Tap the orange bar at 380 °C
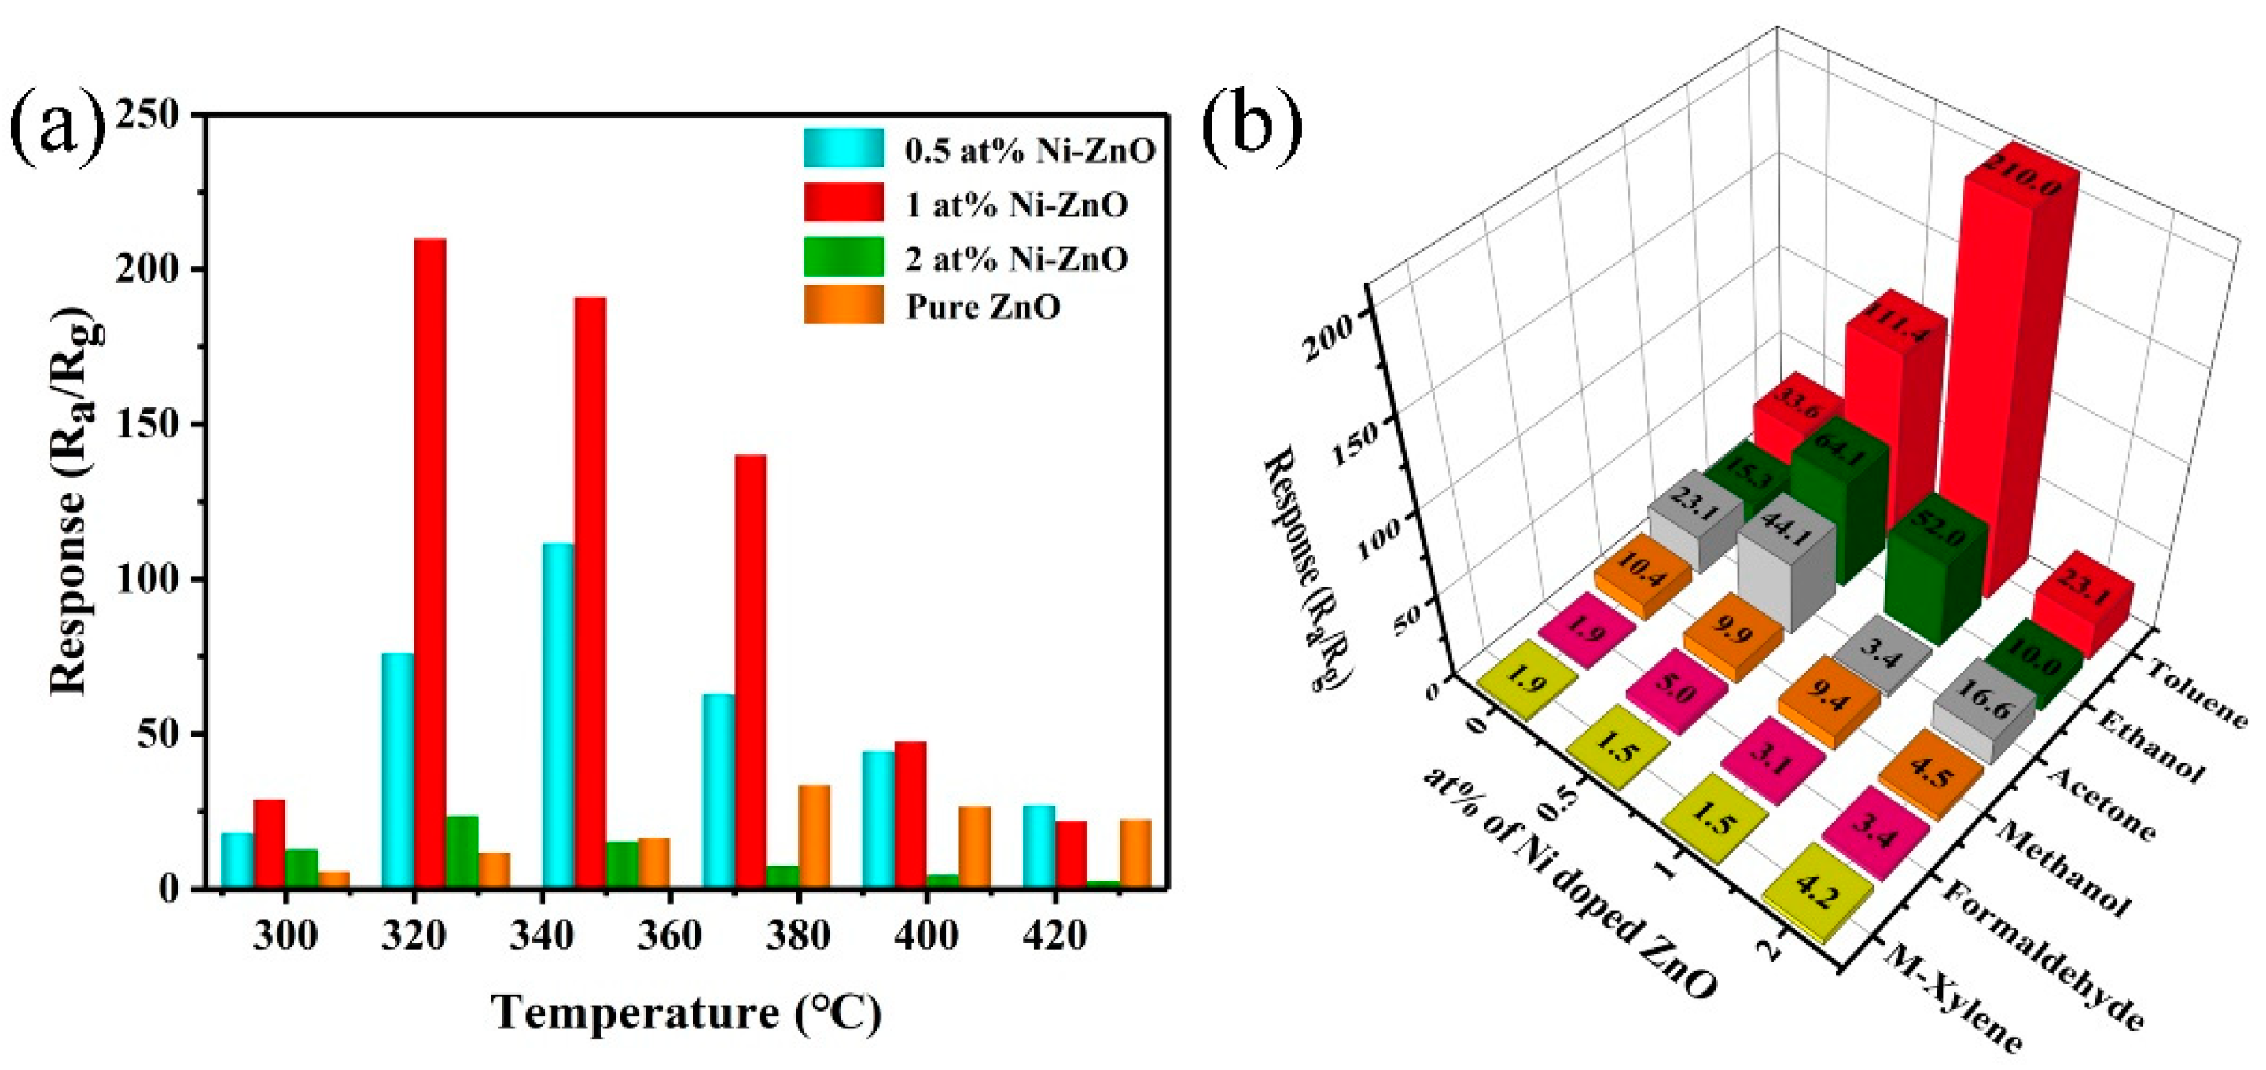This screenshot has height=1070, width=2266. pyautogui.click(x=814, y=836)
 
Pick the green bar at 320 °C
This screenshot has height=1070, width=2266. pyautogui.click(x=462, y=851)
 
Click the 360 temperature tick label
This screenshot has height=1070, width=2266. pyautogui.click(x=669, y=936)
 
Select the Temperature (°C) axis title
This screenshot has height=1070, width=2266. pyautogui.click(x=686, y=1013)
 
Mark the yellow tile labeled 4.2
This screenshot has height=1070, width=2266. pyautogui.click(x=1819, y=893)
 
